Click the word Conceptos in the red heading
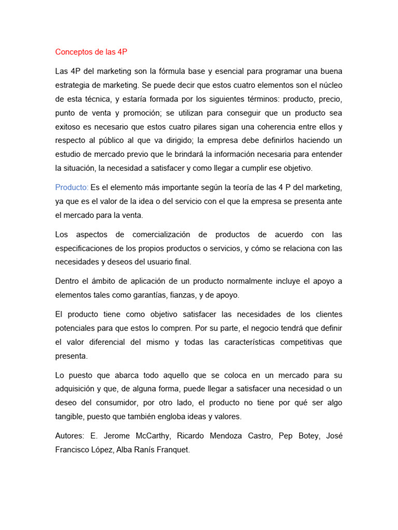(x=74, y=52)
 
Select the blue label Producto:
(x=72, y=186)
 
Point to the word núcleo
(x=329, y=84)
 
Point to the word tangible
(x=69, y=417)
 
